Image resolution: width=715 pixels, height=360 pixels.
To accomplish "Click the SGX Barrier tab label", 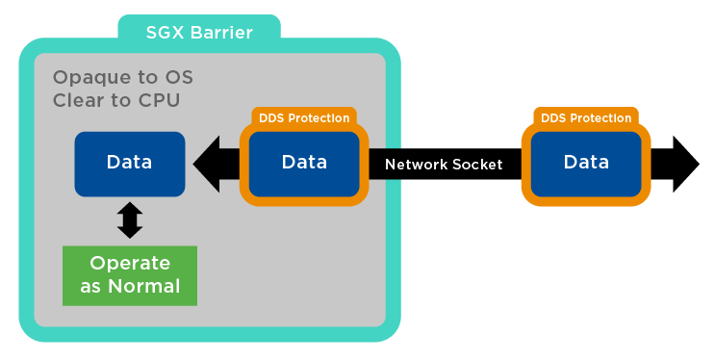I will [199, 33].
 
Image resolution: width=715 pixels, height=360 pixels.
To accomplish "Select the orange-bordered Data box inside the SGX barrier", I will [304, 163].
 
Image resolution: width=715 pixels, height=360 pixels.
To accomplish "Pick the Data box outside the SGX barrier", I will [586, 163].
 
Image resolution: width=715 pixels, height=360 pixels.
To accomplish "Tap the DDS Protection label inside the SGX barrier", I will [304, 118].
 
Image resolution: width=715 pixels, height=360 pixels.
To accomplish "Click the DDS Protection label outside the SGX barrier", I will [586, 118].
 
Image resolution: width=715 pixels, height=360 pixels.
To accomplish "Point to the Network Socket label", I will [444, 165].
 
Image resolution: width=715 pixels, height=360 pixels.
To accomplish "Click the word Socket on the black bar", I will [476, 165].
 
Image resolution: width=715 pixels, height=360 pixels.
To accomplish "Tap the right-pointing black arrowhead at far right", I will [685, 163].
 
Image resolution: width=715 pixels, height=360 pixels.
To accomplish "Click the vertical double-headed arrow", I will [129, 220].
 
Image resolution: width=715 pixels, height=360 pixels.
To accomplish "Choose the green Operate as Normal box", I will [129, 274].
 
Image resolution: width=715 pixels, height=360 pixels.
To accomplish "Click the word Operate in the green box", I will [129, 263].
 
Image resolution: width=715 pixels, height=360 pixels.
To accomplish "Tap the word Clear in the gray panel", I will [78, 99].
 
